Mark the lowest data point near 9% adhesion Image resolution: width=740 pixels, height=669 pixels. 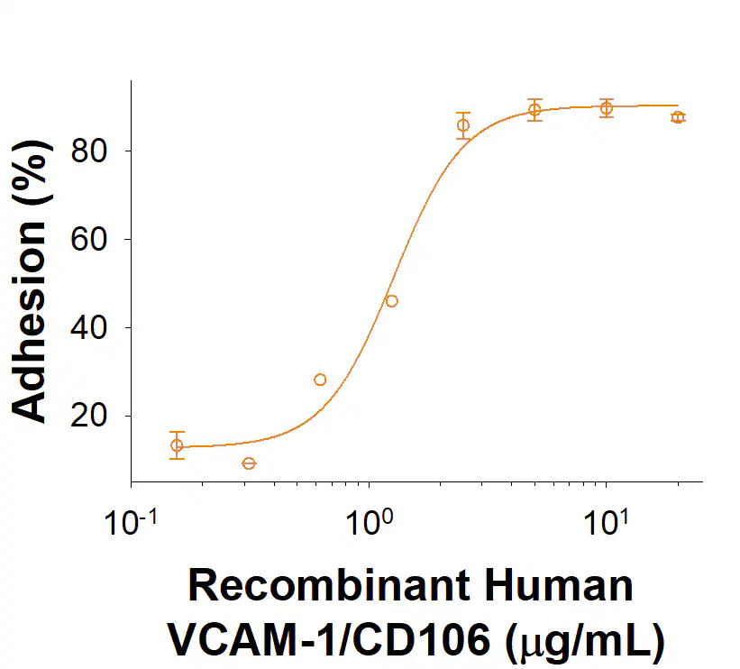(249, 463)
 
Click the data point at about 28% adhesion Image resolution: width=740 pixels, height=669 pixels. (320, 380)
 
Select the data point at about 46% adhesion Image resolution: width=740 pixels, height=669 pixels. (391, 301)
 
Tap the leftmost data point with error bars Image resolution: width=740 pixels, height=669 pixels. (177, 445)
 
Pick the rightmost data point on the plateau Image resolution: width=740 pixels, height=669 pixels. (678, 117)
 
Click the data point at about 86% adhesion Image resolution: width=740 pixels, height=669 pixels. (463, 125)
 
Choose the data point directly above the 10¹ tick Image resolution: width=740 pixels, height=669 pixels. (607, 108)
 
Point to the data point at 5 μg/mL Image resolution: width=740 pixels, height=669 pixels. (534, 110)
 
